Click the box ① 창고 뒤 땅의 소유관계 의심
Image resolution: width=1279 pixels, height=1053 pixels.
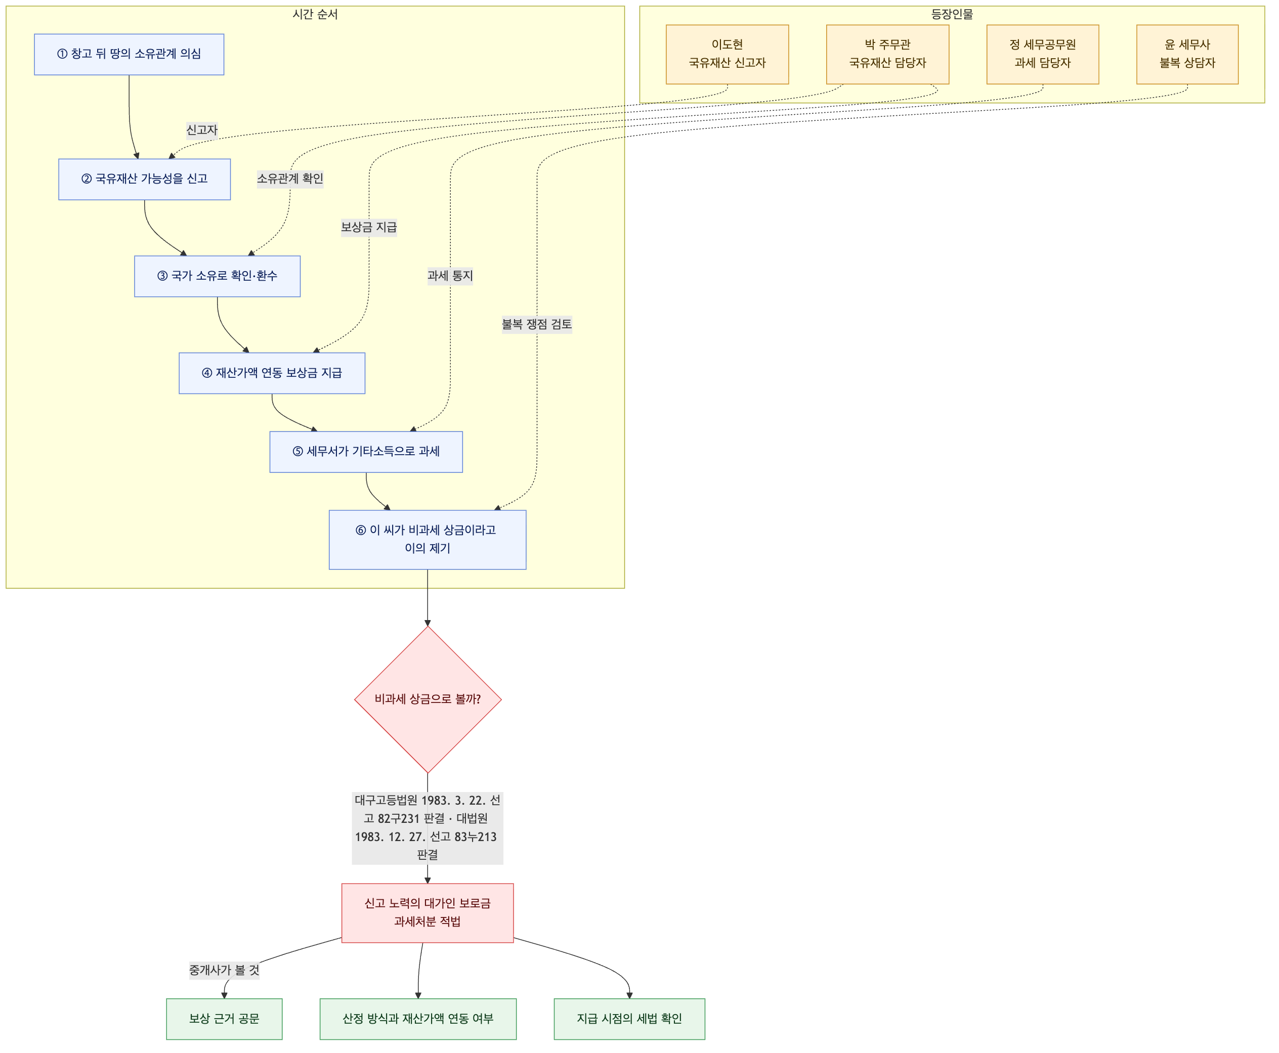(129, 55)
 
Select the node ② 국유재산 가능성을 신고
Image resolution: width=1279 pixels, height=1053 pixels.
(144, 179)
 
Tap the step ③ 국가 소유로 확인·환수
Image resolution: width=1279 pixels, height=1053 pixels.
(217, 276)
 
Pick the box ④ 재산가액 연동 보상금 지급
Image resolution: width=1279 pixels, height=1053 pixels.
(272, 373)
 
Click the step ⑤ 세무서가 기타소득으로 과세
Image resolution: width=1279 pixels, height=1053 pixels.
(366, 452)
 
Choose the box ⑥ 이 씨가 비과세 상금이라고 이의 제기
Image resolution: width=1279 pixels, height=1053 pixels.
(427, 539)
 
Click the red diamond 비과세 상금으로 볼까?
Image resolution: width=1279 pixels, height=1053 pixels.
(428, 699)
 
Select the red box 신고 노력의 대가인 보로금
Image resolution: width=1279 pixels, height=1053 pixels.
(427, 913)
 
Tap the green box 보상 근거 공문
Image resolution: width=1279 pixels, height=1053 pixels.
(224, 1019)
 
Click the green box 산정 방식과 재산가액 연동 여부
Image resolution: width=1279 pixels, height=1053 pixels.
(418, 1019)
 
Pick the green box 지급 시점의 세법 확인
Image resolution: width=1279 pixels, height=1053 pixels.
(629, 1019)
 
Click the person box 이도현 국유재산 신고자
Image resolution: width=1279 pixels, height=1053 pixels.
(727, 55)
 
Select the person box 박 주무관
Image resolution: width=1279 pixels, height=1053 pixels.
(887, 55)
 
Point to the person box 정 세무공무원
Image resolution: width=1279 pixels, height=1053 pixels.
(1042, 55)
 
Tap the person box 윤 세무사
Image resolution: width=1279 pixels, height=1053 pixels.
(1187, 55)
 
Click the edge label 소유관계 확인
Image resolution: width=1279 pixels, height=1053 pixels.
(290, 179)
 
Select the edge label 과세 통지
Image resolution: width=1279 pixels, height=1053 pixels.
(450, 276)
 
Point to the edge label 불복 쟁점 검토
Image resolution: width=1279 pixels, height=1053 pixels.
(537, 325)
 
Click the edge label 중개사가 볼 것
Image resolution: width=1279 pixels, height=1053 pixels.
(224, 971)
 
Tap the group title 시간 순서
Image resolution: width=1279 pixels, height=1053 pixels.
(315, 14)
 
